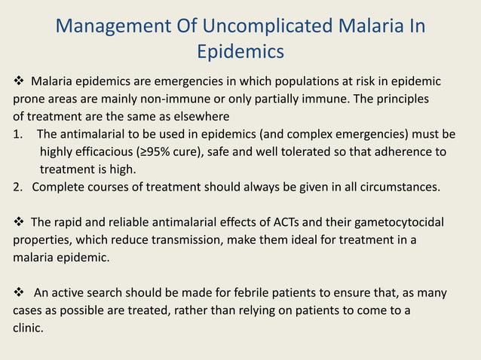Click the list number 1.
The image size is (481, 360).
click(16, 134)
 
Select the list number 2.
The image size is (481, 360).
click(17, 187)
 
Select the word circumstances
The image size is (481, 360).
click(402, 187)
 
